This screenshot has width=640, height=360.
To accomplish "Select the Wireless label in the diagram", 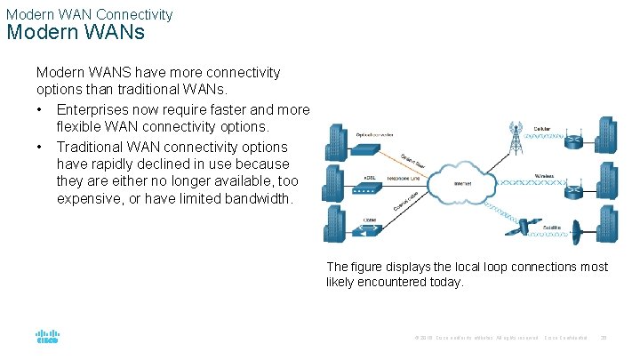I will pyautogui.click(x=545, y=176).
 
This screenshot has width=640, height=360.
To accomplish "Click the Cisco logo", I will pyautogui.click(x=46, y=337).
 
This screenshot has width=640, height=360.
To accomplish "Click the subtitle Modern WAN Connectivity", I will pyautogui.click(x=89, y=13).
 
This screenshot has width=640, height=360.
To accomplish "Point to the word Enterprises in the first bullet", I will pyautogui.click(x=92, y=109).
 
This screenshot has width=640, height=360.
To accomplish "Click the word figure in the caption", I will pyautogui.click(x=366, y=267).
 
